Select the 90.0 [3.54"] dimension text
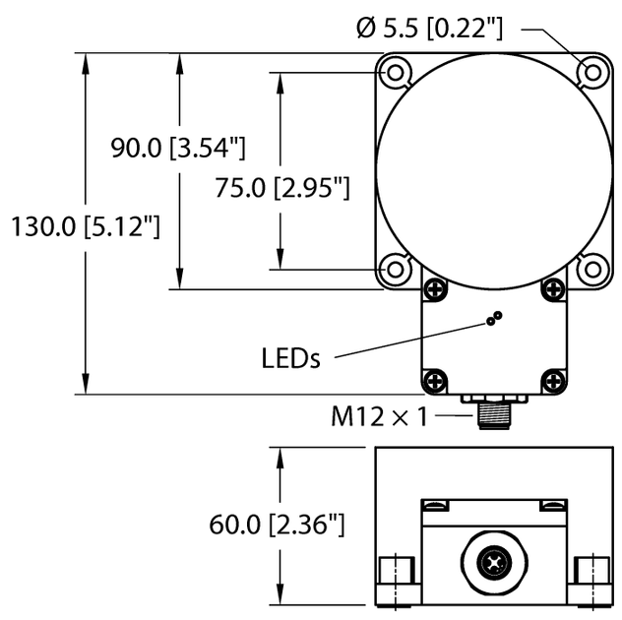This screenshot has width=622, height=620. click(176, 149)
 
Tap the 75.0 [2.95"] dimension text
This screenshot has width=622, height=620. click(282, 188)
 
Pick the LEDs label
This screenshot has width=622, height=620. click(291, 358)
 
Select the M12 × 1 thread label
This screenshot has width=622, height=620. click(380, 417)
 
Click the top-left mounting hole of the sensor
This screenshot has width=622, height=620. click(396, 72)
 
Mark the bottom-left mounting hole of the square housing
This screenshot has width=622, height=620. click(396, 268)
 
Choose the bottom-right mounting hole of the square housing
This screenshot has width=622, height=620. click(591, 268)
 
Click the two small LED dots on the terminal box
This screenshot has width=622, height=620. click(495, 318)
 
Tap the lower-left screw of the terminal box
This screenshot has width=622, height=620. click(434, 380)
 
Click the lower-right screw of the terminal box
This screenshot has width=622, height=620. click(553, 380)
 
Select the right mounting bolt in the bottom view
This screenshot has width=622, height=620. click(590, 573)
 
